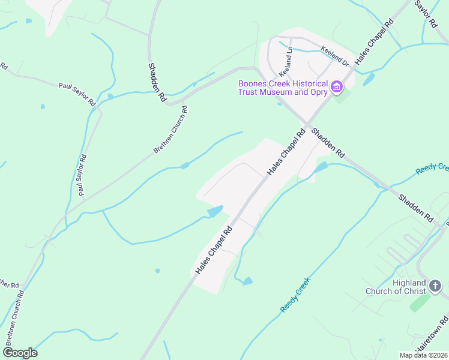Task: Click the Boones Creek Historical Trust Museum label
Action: point(283,88)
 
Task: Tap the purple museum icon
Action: point(337,88)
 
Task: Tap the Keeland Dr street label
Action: point(335,56)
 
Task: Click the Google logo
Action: point(20,352)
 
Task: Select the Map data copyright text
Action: point(424,355)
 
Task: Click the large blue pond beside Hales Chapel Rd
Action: point(215,211)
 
